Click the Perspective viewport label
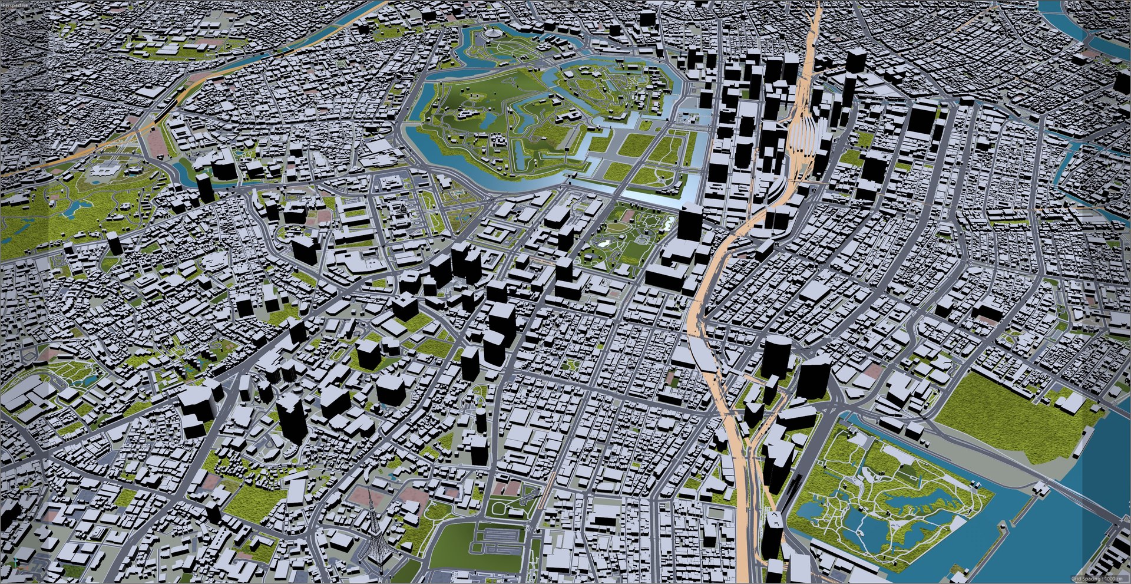(x=15, y=4)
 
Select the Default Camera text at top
(x=562, y=5)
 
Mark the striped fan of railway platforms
(x=802, y=133)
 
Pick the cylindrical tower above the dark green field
(x=481, y=420)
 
